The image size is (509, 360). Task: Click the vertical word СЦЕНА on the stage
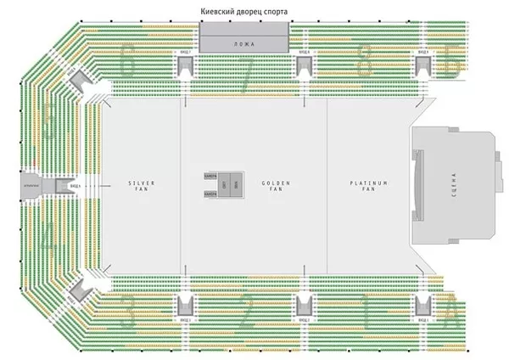[456, 184]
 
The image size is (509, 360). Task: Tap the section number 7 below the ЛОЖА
[245, 81]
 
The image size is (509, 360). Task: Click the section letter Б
[452, 63]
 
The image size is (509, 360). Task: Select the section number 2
[247, 316]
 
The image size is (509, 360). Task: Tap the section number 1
[365, 316]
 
